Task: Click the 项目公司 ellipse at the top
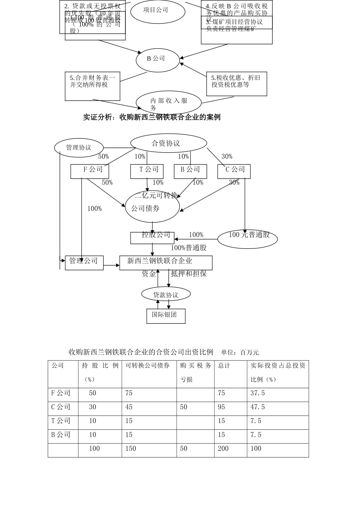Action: pyautogui.click(x=158, y=10)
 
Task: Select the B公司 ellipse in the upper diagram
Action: pyautogui.click(x=157, y=59)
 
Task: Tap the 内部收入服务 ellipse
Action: pyautogui.click(x=169, y=102)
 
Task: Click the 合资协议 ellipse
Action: pyautogui.click(x=168, y=143)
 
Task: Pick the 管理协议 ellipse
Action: pyautogui.click(x=79, y=148)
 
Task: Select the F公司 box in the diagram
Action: pyautogui.click(x=90, y=171)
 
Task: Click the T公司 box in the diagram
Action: pyautogui.click(x=147, y=171)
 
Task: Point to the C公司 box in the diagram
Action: pyautogui.click(x=234, y=171)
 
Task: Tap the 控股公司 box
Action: pyautogui.click(x=152, y=238)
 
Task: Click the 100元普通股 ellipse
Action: pyautogui.click(x=247, y=238)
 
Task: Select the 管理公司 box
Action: pyautogui.click(x=84, y=262)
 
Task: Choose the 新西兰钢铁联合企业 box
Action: pyautogui.click(x=166, y=262)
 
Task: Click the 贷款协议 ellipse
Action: pyautogui.click(x=166, y=294)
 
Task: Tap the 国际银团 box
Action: pyautogui.click(x=166, y=316)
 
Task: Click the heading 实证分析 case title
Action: pyautogui.click(x=152, y=117)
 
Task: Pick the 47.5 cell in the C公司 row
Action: pyautogui.click(x=258, y=407)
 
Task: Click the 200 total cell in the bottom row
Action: pyautogui.click(x=223, y=448)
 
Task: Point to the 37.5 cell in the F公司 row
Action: pyautogui.click(x=258, y=393)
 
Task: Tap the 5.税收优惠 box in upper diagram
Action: pyautogui.click(x=236, y=84)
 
